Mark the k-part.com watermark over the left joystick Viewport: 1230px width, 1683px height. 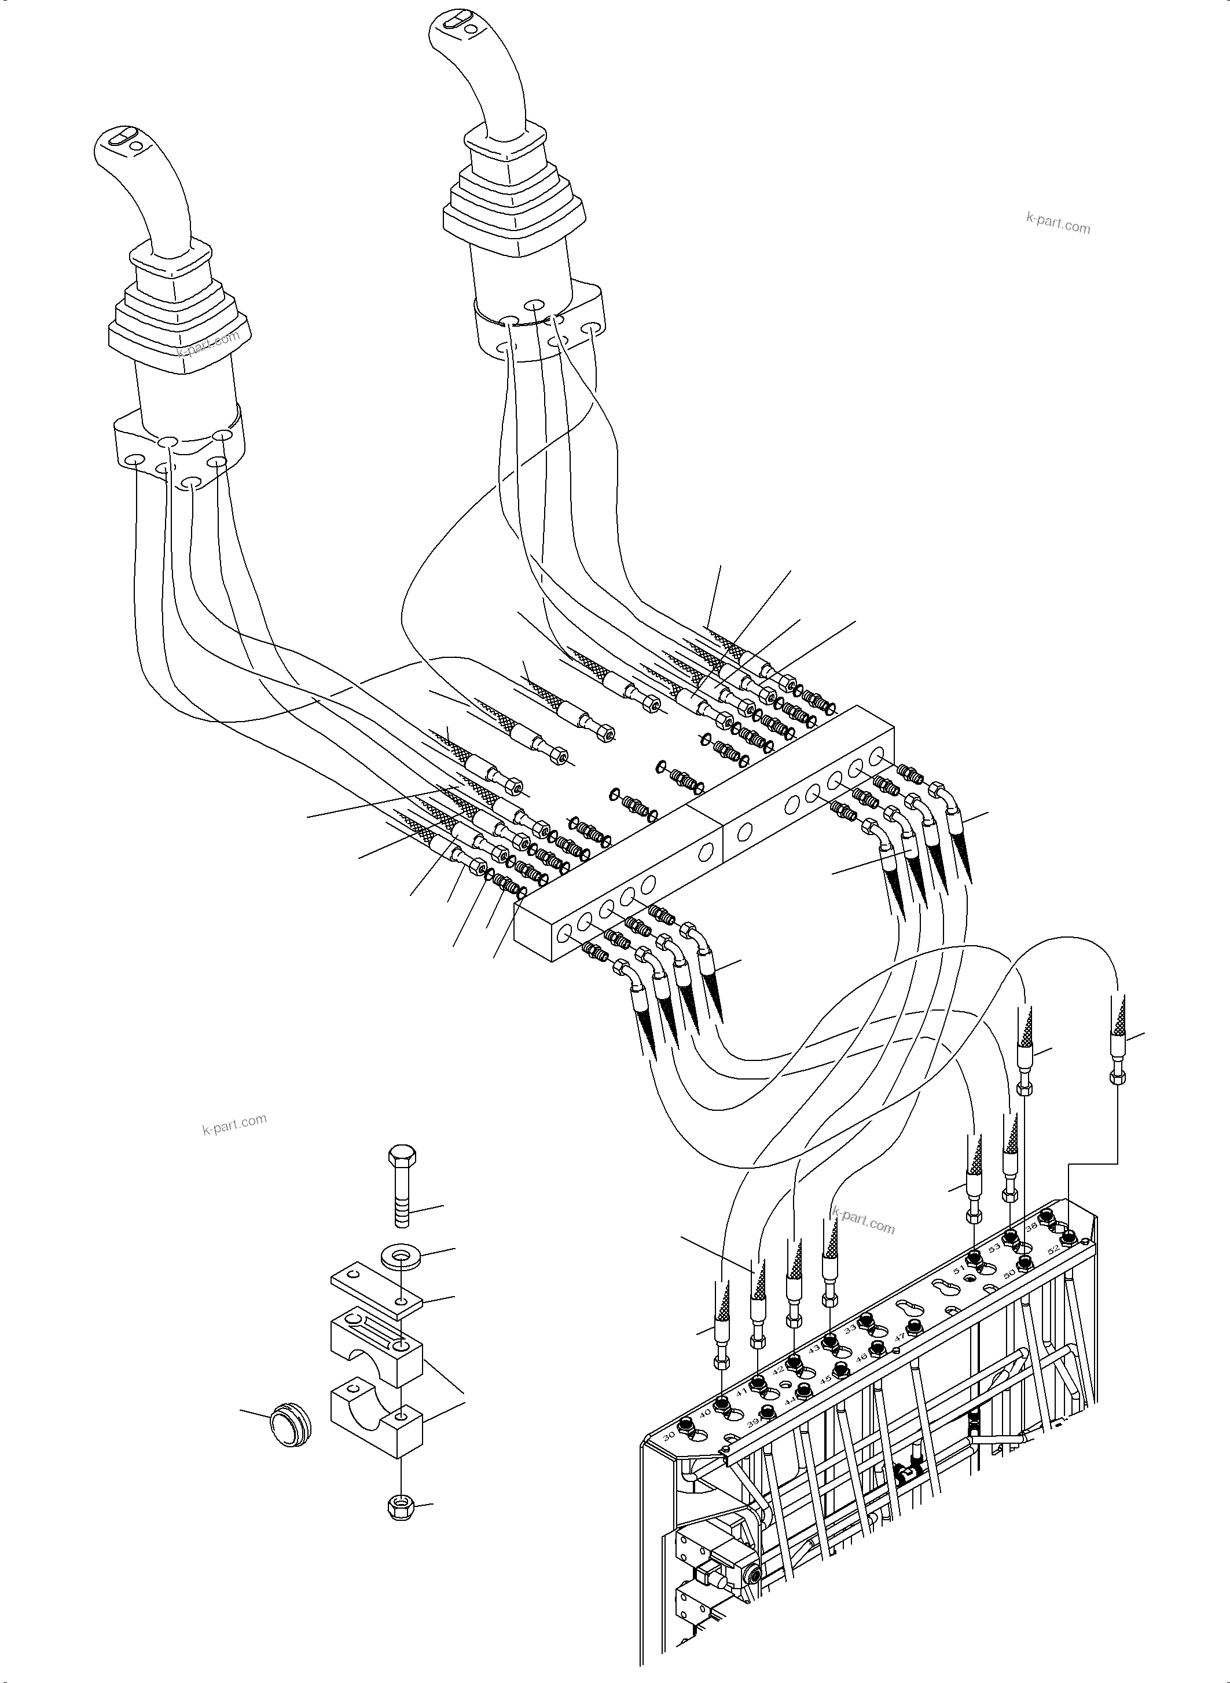208,344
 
